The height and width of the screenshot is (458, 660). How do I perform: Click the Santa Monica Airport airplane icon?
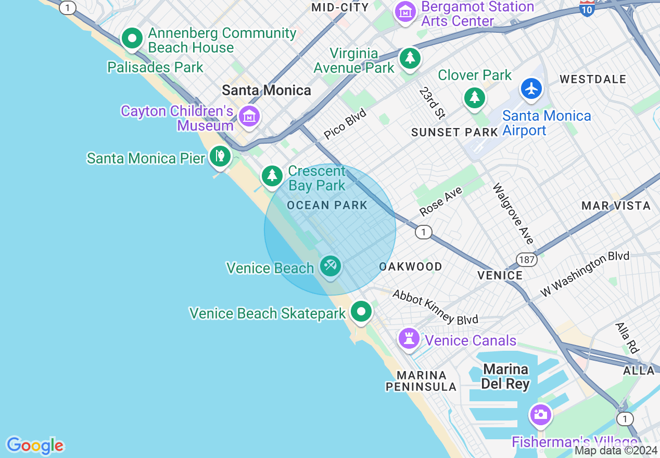531,89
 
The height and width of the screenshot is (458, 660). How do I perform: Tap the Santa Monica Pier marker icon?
220,156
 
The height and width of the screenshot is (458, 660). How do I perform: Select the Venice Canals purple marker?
409,339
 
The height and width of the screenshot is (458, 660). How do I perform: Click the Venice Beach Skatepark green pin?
361,312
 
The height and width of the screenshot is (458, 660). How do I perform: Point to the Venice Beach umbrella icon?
330,266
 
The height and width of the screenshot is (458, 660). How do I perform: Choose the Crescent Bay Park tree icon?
272,176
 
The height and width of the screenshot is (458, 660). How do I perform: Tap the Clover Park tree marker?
474,97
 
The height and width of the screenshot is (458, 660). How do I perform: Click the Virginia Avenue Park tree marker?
410,58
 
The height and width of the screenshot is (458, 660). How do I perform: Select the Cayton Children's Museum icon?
249,117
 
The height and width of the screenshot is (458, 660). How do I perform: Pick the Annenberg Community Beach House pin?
132,39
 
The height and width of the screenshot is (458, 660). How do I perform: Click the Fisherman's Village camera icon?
540,415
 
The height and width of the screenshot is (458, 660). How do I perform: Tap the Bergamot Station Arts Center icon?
405,11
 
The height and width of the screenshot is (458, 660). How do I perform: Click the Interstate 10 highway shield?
587,7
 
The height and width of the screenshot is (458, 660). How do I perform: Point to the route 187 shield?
527,259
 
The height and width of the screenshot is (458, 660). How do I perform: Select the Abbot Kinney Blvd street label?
435,307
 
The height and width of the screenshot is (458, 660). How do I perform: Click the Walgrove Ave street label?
513,213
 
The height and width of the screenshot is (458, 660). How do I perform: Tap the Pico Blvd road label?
345,124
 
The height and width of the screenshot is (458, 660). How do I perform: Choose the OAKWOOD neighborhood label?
411,266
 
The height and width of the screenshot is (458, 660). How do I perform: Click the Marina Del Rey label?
505,377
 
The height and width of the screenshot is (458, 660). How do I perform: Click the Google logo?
35,446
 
